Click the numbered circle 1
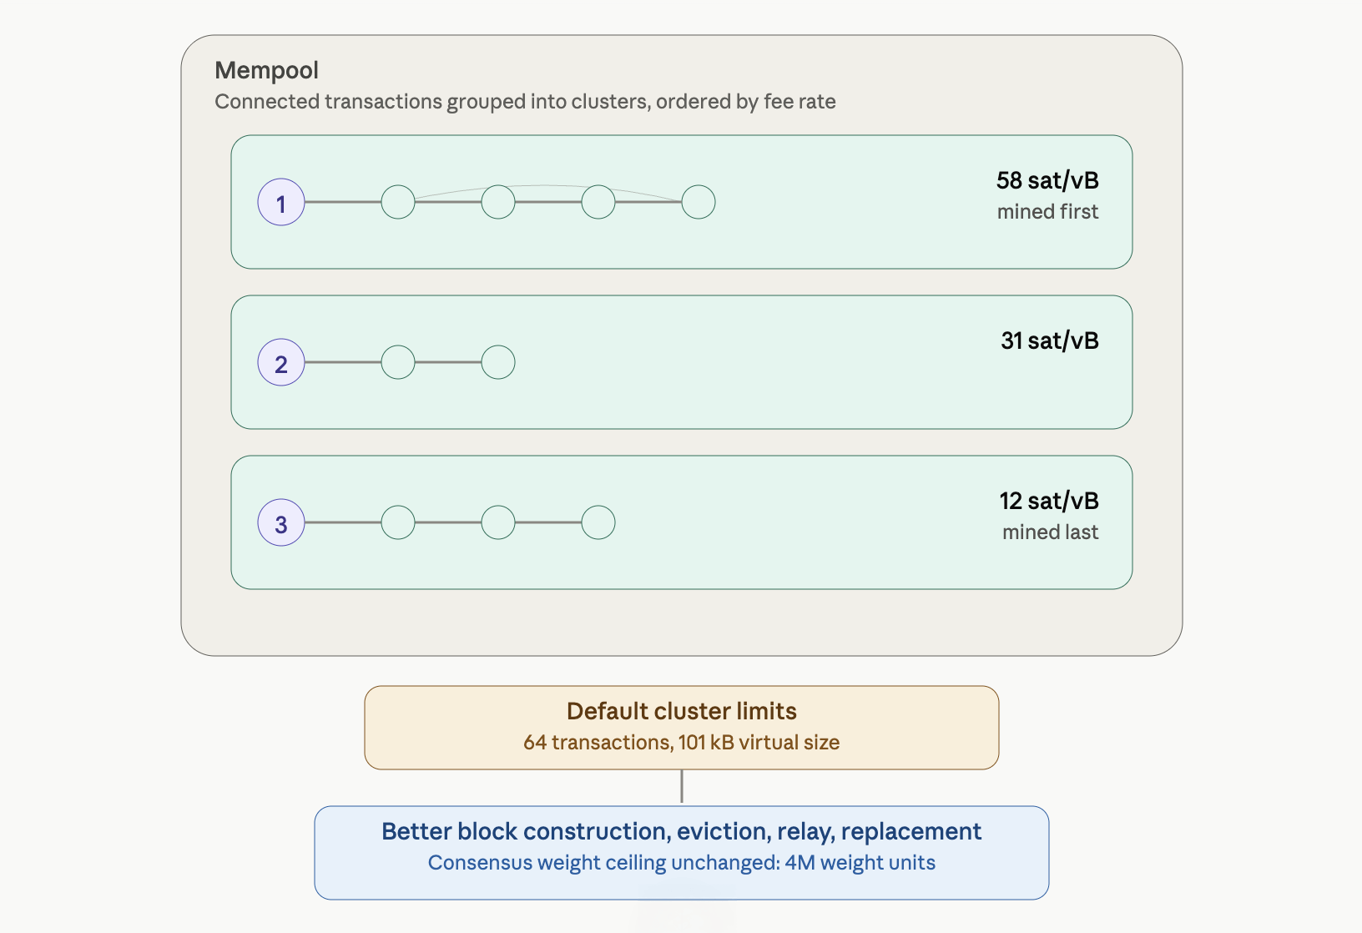[x=281, y=203]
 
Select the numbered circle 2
[x=281, y=362]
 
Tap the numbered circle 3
[x=281, y=522]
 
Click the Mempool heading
[x=266, y=70]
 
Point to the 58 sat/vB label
[x=1047, y=180]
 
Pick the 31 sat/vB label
[x=1050, y=341]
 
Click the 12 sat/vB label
[x=1049, y=501]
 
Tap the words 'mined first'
[x=1047, y=211]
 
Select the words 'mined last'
[x=1050, y=532]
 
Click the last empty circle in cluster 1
[x=698, y=203]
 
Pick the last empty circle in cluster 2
[x=498, y=362]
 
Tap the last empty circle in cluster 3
[x=598, y=522]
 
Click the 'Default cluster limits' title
[x=682, y=711]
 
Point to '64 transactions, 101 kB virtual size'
[x=682, y=742]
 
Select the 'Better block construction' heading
[x=682, y=831]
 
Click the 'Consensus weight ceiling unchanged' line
[x=682, y=863]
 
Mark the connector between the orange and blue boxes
[x=682, y=786]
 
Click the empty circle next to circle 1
[x=397, y=203]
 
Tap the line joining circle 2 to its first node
[x=343, y=362]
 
